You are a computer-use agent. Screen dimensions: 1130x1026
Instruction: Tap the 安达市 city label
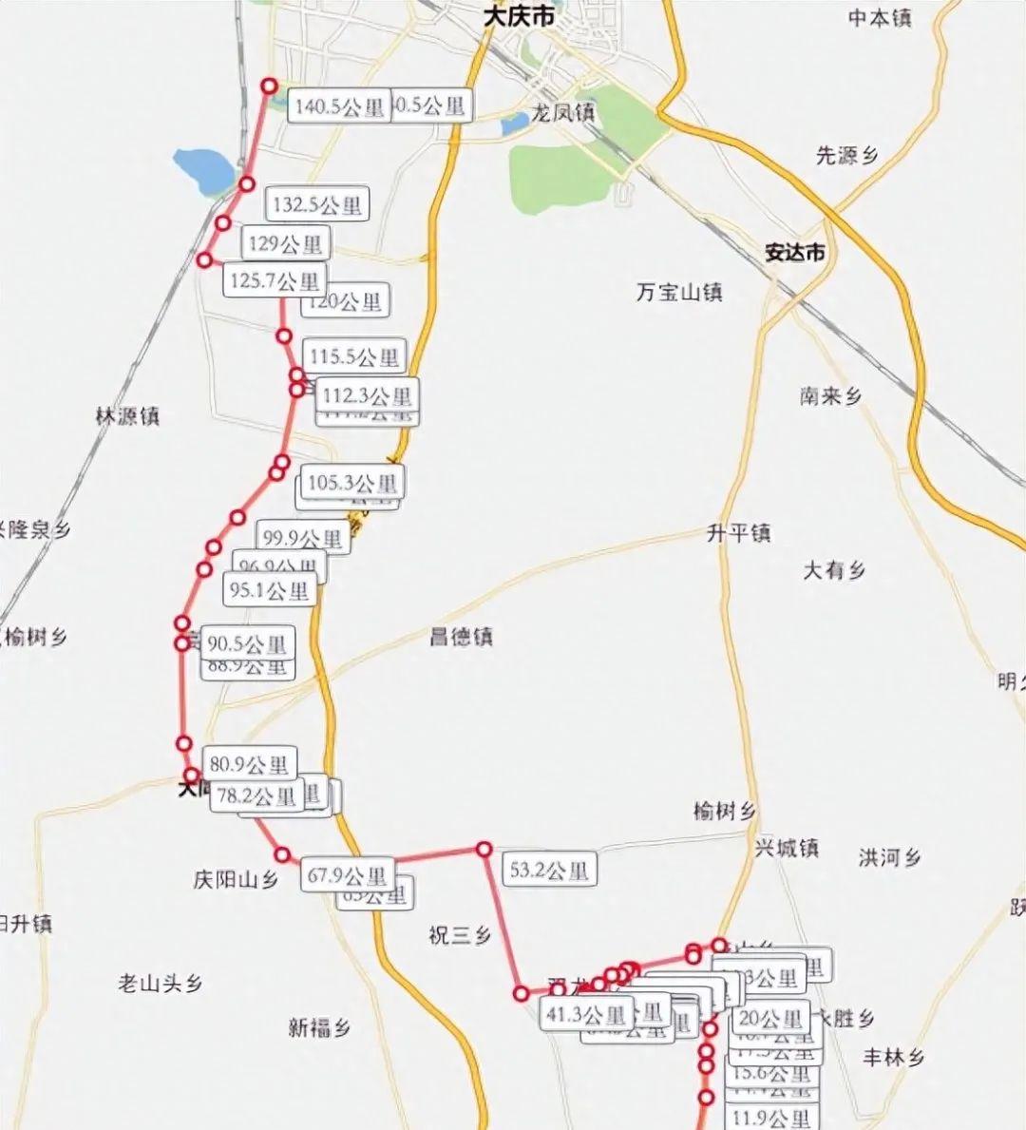(795, 254)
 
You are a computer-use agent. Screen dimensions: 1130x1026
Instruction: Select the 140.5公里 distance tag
(338, 107)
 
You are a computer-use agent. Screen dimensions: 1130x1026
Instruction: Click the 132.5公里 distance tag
(316, 204)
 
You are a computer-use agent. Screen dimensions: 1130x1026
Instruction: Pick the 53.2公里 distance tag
(549, 870)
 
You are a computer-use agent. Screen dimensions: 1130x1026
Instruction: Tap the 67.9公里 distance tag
(347, 875)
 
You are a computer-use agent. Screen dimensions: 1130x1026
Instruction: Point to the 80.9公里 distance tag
(249, 764)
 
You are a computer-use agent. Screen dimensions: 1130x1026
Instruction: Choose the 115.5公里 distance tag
(354, 357)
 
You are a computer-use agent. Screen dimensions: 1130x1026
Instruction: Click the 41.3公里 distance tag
(586, 1015)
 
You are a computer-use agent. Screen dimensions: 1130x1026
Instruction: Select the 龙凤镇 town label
(562, 113)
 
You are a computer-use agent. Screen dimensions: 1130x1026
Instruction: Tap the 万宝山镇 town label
(679, 292)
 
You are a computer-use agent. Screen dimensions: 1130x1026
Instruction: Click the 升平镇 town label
(738, 533)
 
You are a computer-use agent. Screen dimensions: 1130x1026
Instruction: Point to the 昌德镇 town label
(461, 637)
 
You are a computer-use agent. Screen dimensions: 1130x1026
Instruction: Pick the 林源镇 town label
(127, 415)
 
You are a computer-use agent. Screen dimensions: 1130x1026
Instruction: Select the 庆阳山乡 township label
(236, 880)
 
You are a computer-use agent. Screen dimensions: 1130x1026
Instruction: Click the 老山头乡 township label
(161, 984)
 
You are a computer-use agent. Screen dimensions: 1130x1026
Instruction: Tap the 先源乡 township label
(847, 155)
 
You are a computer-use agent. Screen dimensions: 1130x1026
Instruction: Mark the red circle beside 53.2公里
(484, 849)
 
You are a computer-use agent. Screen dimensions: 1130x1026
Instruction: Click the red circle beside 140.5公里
(269, 86)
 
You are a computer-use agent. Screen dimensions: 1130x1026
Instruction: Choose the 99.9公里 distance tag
(302, 539)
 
